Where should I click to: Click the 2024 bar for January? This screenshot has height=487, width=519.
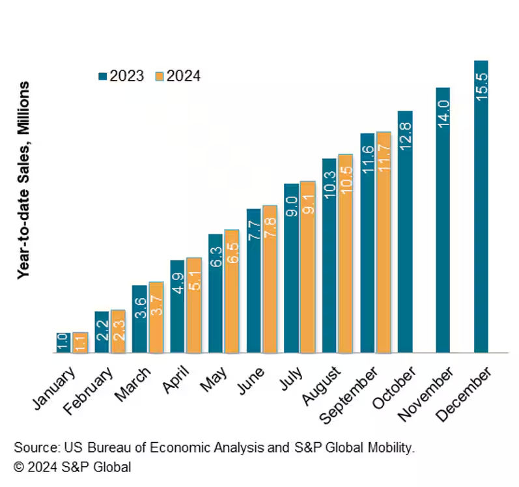click(80, 342)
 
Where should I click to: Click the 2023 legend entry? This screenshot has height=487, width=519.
click(121, 76)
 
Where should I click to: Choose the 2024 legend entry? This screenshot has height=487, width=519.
click(177, 76)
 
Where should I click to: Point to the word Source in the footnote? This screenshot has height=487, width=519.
click(35, 448)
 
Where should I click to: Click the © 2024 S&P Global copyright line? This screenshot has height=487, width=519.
click(72, 467)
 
